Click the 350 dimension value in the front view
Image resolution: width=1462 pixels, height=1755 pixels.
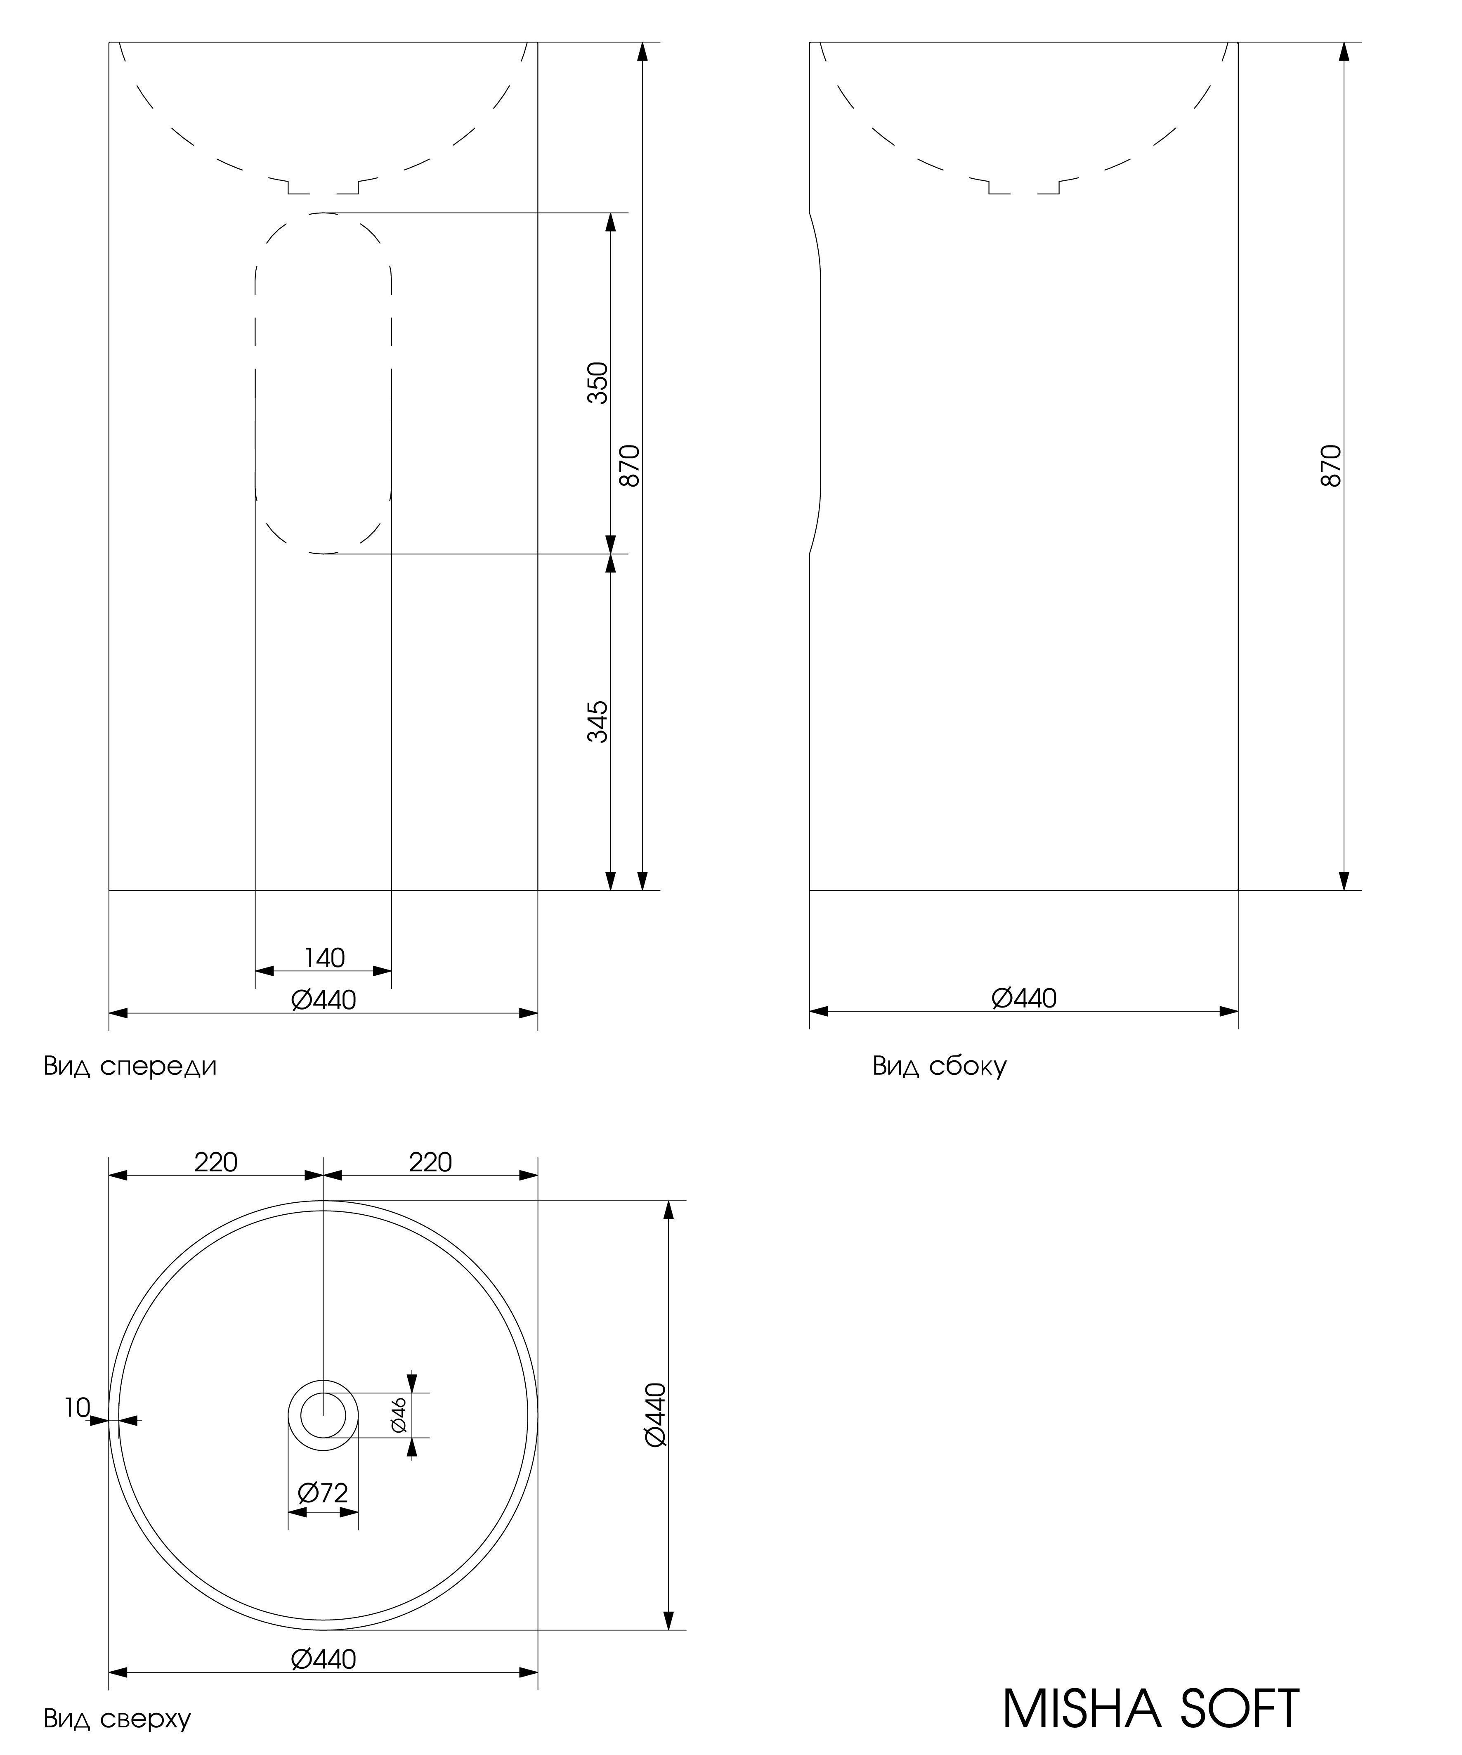pyautogui.click(x=598, y=383)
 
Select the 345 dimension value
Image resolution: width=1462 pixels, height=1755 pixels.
pyautogui.click(x=598, y=721)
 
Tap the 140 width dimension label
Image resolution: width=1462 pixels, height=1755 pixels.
pyautogui.click(x=324, y=958)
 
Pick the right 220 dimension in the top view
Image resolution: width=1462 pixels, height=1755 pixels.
pyautogui.click(x=430, y=1162)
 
